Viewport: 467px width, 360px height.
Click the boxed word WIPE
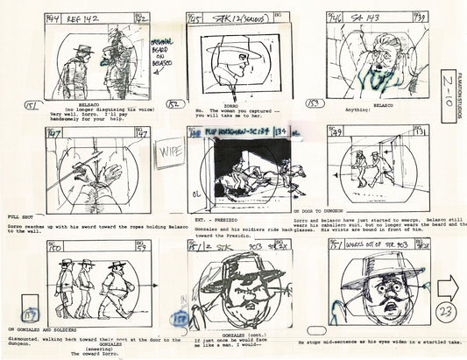point(167,150)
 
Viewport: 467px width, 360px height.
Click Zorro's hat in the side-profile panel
point(246,44)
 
